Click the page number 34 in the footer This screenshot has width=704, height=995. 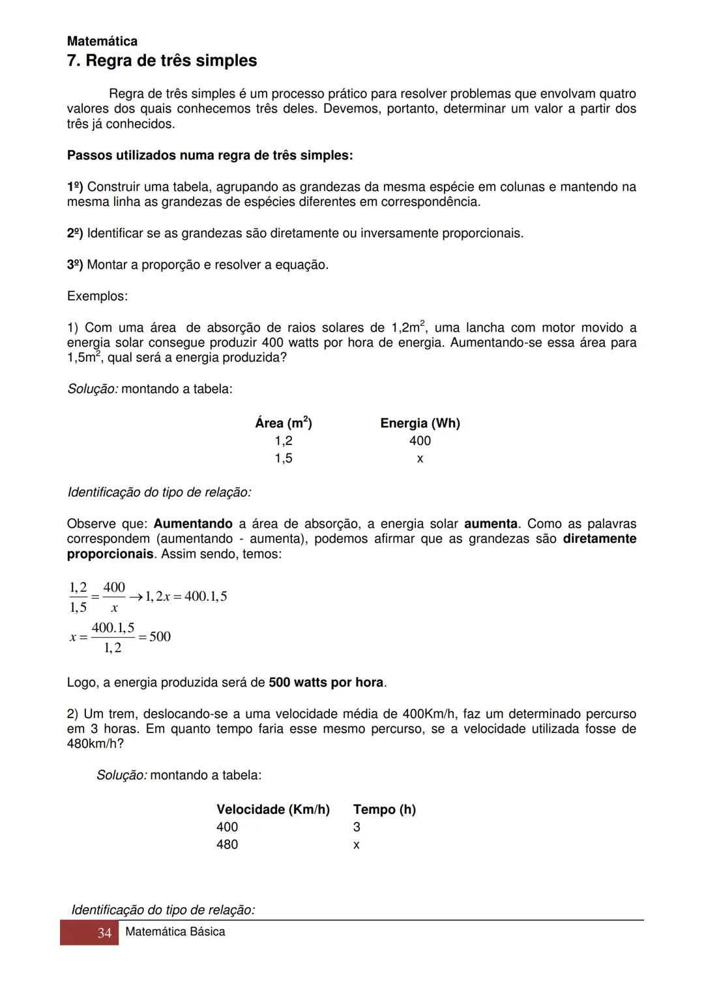104,933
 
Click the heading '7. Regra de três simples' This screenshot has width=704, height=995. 162,61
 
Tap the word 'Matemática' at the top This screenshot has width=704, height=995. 102,41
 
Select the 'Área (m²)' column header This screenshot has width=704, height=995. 284,423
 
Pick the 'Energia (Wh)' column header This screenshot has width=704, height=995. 420,423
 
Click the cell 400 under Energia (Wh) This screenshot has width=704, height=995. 420,440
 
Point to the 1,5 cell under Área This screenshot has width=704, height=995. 284,458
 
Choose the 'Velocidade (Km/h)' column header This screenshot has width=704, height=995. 272,809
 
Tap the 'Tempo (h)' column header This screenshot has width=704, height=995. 384,809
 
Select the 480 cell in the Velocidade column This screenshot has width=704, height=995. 227,844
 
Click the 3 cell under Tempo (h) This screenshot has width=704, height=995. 357,827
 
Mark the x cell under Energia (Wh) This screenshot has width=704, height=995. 420,459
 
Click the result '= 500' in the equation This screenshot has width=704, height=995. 155,637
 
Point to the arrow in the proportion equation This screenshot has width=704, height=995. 136,596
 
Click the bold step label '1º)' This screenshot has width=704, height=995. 75,187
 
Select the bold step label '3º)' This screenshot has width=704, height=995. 75,265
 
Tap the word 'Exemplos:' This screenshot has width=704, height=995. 97,296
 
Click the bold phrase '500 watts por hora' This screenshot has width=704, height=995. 326,682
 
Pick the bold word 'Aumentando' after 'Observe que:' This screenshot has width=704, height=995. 193,524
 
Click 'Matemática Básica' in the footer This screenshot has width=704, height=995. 175,932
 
